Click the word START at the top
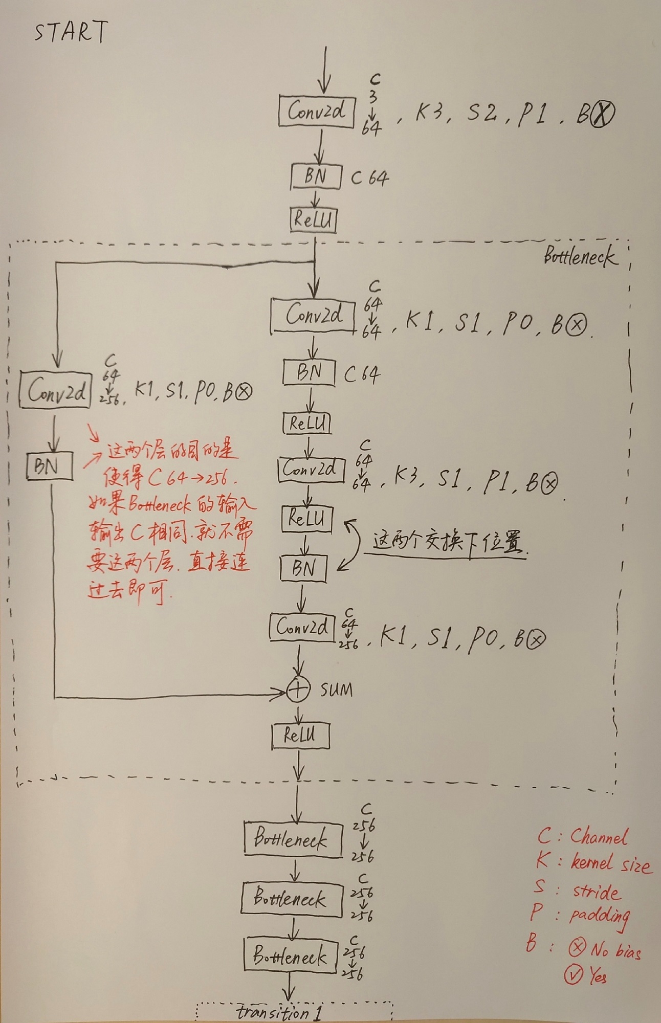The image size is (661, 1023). [x=71, y=32]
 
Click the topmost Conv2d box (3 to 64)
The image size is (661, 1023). [x=316, y=111]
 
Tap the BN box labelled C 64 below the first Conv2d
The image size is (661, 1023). [x=316, y=177]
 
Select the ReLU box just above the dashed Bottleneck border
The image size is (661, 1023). [x=313, y=220]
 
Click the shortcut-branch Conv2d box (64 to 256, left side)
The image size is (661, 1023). [x=55, y=391]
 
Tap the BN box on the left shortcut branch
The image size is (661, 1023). [x=49, y=466]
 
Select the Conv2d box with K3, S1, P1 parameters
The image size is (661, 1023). [x=309, y=469]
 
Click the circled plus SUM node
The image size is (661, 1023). [x=298, y=691]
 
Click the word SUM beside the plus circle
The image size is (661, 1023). [x=336, y=690]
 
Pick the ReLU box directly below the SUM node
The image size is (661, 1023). [x=300, y=736]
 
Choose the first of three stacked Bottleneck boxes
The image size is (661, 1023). [x=292, y=839]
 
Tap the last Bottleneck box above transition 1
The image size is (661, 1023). [x=290, y=955]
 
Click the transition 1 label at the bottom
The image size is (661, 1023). [x=278, y=1012]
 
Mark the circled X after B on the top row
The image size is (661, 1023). [x=602, y=114]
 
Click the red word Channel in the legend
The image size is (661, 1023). [x=599, y=837]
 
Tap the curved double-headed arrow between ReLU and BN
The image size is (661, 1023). [x=351, y=545]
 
